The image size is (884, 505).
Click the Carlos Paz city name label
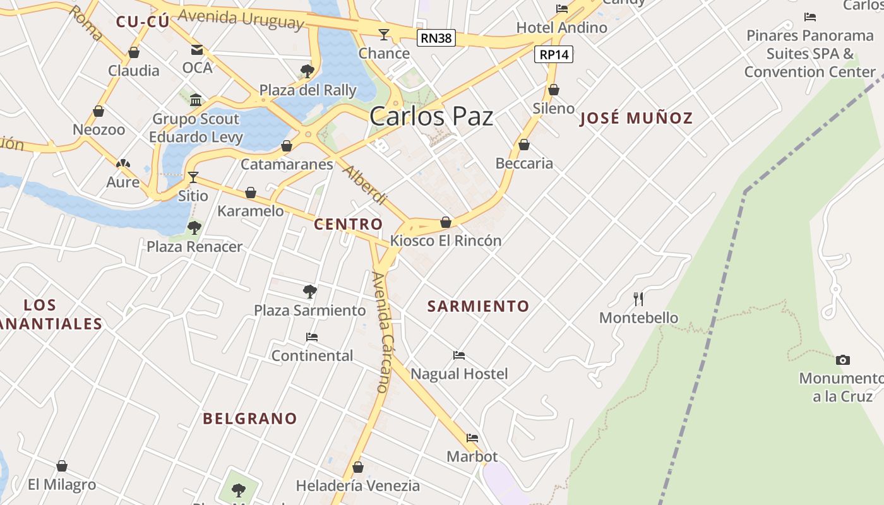(431, 117)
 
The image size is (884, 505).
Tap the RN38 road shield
(436, 38)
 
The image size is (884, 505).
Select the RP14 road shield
(554, 55)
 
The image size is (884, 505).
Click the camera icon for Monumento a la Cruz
(842, 360)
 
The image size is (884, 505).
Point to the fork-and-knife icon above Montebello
(639, 299)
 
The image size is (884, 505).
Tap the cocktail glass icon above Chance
(384, 34)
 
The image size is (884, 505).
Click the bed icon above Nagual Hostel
(459, 355)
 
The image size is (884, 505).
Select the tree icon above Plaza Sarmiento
(309, 292)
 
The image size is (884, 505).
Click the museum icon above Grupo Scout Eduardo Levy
(196, 100)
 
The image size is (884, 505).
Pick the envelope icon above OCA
(197, 49)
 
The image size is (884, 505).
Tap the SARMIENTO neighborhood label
(478, 306)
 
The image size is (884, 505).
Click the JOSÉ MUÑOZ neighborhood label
(636, 118)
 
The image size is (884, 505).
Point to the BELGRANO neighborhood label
(249, 419)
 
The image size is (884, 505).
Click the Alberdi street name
(364, 186)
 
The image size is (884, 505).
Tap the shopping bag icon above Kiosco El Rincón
(446, 222)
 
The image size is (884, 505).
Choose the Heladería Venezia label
(358, 485)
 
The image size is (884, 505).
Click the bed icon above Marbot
(472, 437)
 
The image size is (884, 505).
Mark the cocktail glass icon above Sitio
(193, 177)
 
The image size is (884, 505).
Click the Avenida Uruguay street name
(241, 19)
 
